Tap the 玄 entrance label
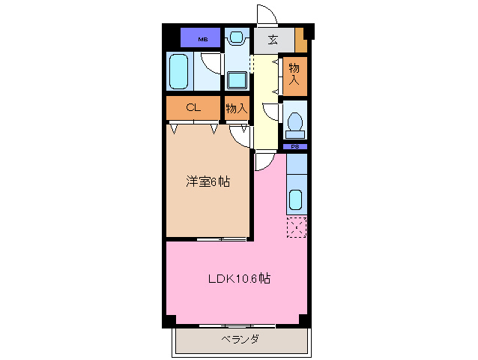273,39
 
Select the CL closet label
193,108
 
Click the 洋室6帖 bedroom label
208,181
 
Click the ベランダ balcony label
240,340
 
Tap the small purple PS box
296,146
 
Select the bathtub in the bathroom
178,73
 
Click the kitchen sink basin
296,200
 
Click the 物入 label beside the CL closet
237,109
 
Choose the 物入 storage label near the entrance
294,75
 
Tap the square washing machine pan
238,79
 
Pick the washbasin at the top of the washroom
238,36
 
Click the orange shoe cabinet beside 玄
300,39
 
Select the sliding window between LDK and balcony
238,325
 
